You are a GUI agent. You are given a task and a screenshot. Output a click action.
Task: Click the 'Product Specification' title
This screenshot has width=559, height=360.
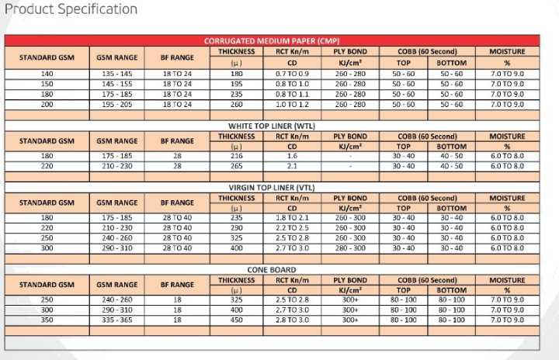[x=71, y=9]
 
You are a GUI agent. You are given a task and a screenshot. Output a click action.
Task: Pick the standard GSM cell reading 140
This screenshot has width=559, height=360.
[x=47, y=74]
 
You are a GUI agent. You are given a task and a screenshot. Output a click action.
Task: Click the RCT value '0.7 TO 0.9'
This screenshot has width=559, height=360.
[x=292, y=74]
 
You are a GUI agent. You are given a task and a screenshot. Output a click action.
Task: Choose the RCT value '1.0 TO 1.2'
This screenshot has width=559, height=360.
[x=292, y=104]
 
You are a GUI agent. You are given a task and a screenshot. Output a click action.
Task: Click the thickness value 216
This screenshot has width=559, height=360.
[x=236, y=156]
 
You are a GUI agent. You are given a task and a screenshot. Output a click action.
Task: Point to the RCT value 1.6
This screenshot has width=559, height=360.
[x=292, y=156]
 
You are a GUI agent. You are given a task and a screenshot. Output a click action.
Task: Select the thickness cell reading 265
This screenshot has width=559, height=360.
[x=236, y=166]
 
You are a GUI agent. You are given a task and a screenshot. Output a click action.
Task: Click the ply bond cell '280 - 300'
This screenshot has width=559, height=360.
[x=350, y=248]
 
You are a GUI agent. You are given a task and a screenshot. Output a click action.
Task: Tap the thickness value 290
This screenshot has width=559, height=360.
[x=236, y=228]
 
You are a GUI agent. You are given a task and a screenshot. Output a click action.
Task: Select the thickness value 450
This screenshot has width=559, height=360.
[x=236, y=320]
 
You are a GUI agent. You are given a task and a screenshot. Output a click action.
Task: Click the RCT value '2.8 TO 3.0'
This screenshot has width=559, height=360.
[x=292, y=320]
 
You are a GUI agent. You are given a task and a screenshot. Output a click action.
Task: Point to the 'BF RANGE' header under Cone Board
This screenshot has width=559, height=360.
[x=177, y=285]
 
